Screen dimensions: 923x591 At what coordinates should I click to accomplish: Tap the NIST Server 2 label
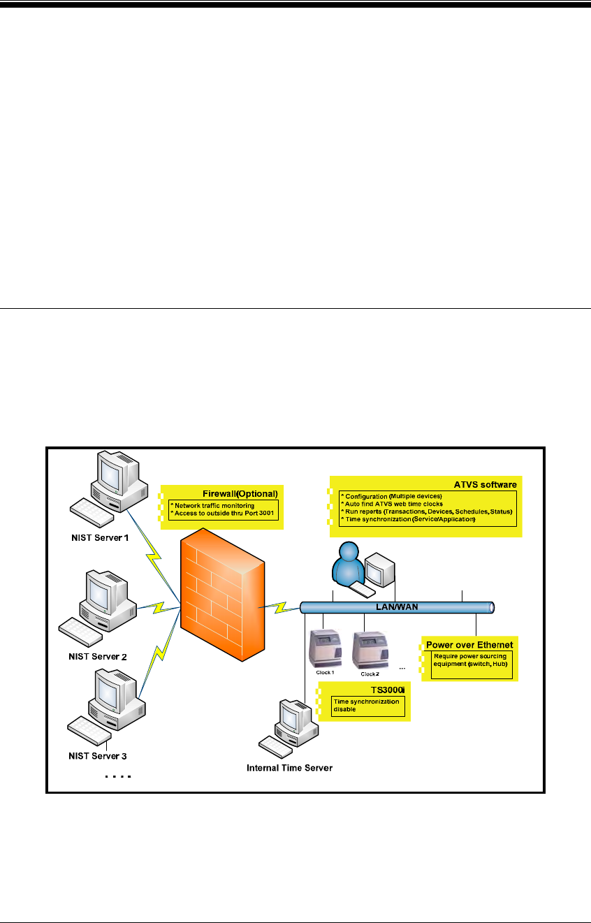(x=97, y=656)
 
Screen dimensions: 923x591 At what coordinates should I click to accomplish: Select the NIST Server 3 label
(x=97, y=756)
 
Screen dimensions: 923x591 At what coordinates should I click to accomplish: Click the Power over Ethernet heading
(x=470, y=644)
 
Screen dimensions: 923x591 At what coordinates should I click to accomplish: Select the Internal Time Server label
(x=289, y=768)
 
